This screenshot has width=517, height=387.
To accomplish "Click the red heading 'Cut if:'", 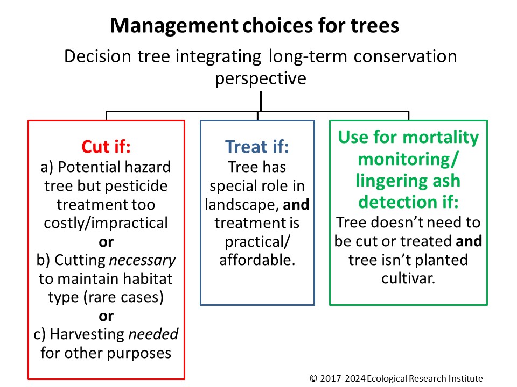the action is pos(106,146).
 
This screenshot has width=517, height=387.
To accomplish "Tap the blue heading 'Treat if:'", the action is pos(257,146).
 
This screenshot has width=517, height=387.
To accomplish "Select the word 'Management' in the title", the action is pos(174,26).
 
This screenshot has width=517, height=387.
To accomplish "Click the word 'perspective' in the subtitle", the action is pos(261,79).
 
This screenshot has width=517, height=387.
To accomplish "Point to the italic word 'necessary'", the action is pos(142,261).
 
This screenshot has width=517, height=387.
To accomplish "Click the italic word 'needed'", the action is pos(153,334).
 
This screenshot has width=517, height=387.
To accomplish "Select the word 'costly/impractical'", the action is pos(106,223).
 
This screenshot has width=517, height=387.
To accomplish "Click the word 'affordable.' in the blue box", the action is pos(257,260).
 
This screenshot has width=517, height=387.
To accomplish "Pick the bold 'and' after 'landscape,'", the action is pos(296,205).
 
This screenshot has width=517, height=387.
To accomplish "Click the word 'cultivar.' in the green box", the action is pos(408,278).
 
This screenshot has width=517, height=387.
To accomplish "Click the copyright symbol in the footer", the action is pos(313,378).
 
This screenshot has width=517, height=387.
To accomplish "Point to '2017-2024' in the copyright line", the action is pos(343,378).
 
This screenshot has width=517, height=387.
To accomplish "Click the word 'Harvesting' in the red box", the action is pos(87,335).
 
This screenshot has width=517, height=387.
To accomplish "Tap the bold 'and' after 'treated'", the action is pos(469,241).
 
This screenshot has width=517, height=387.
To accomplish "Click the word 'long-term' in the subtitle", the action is pos(308,57).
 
